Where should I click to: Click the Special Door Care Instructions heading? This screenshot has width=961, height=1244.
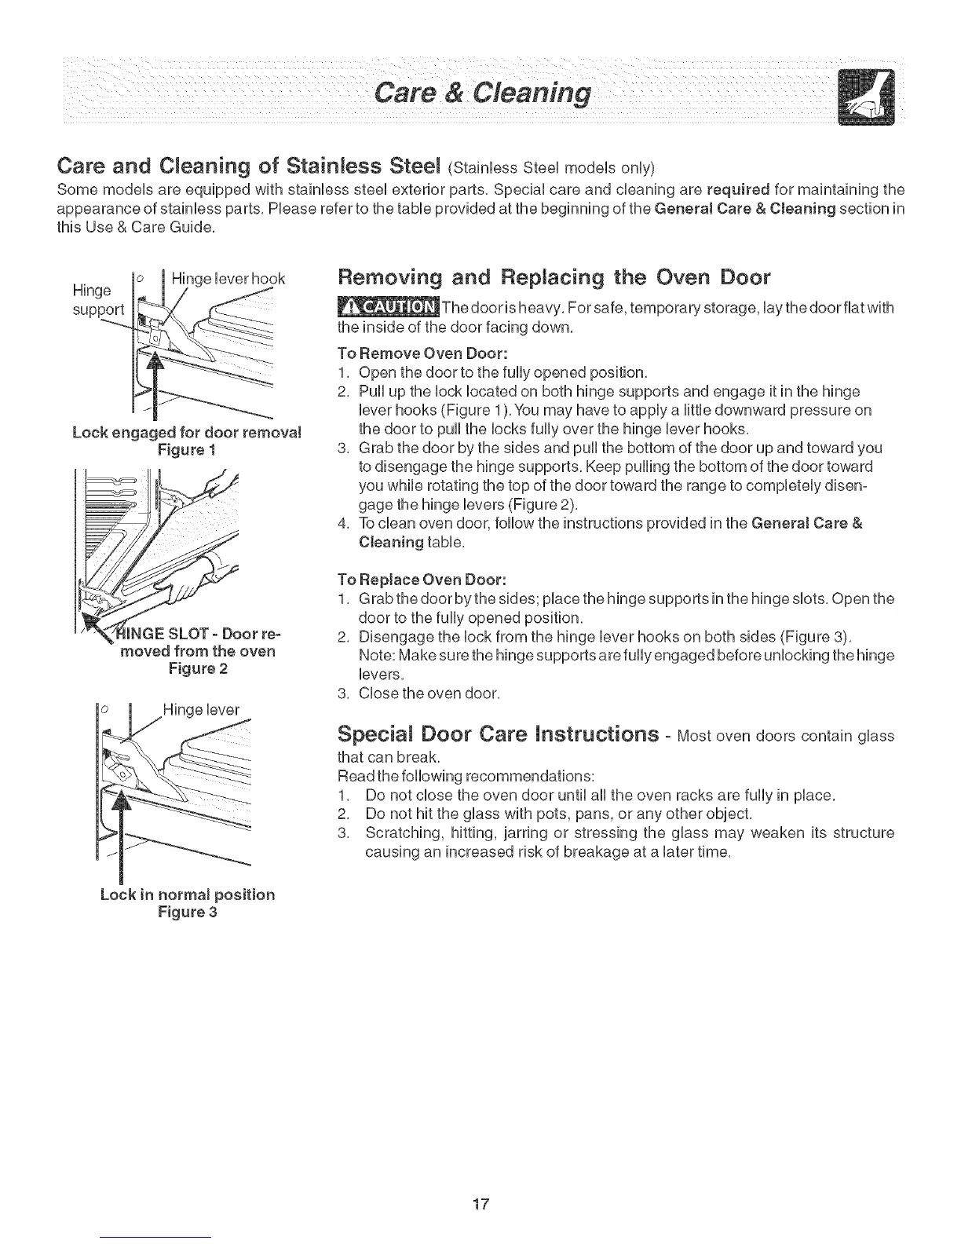(498, 734)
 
